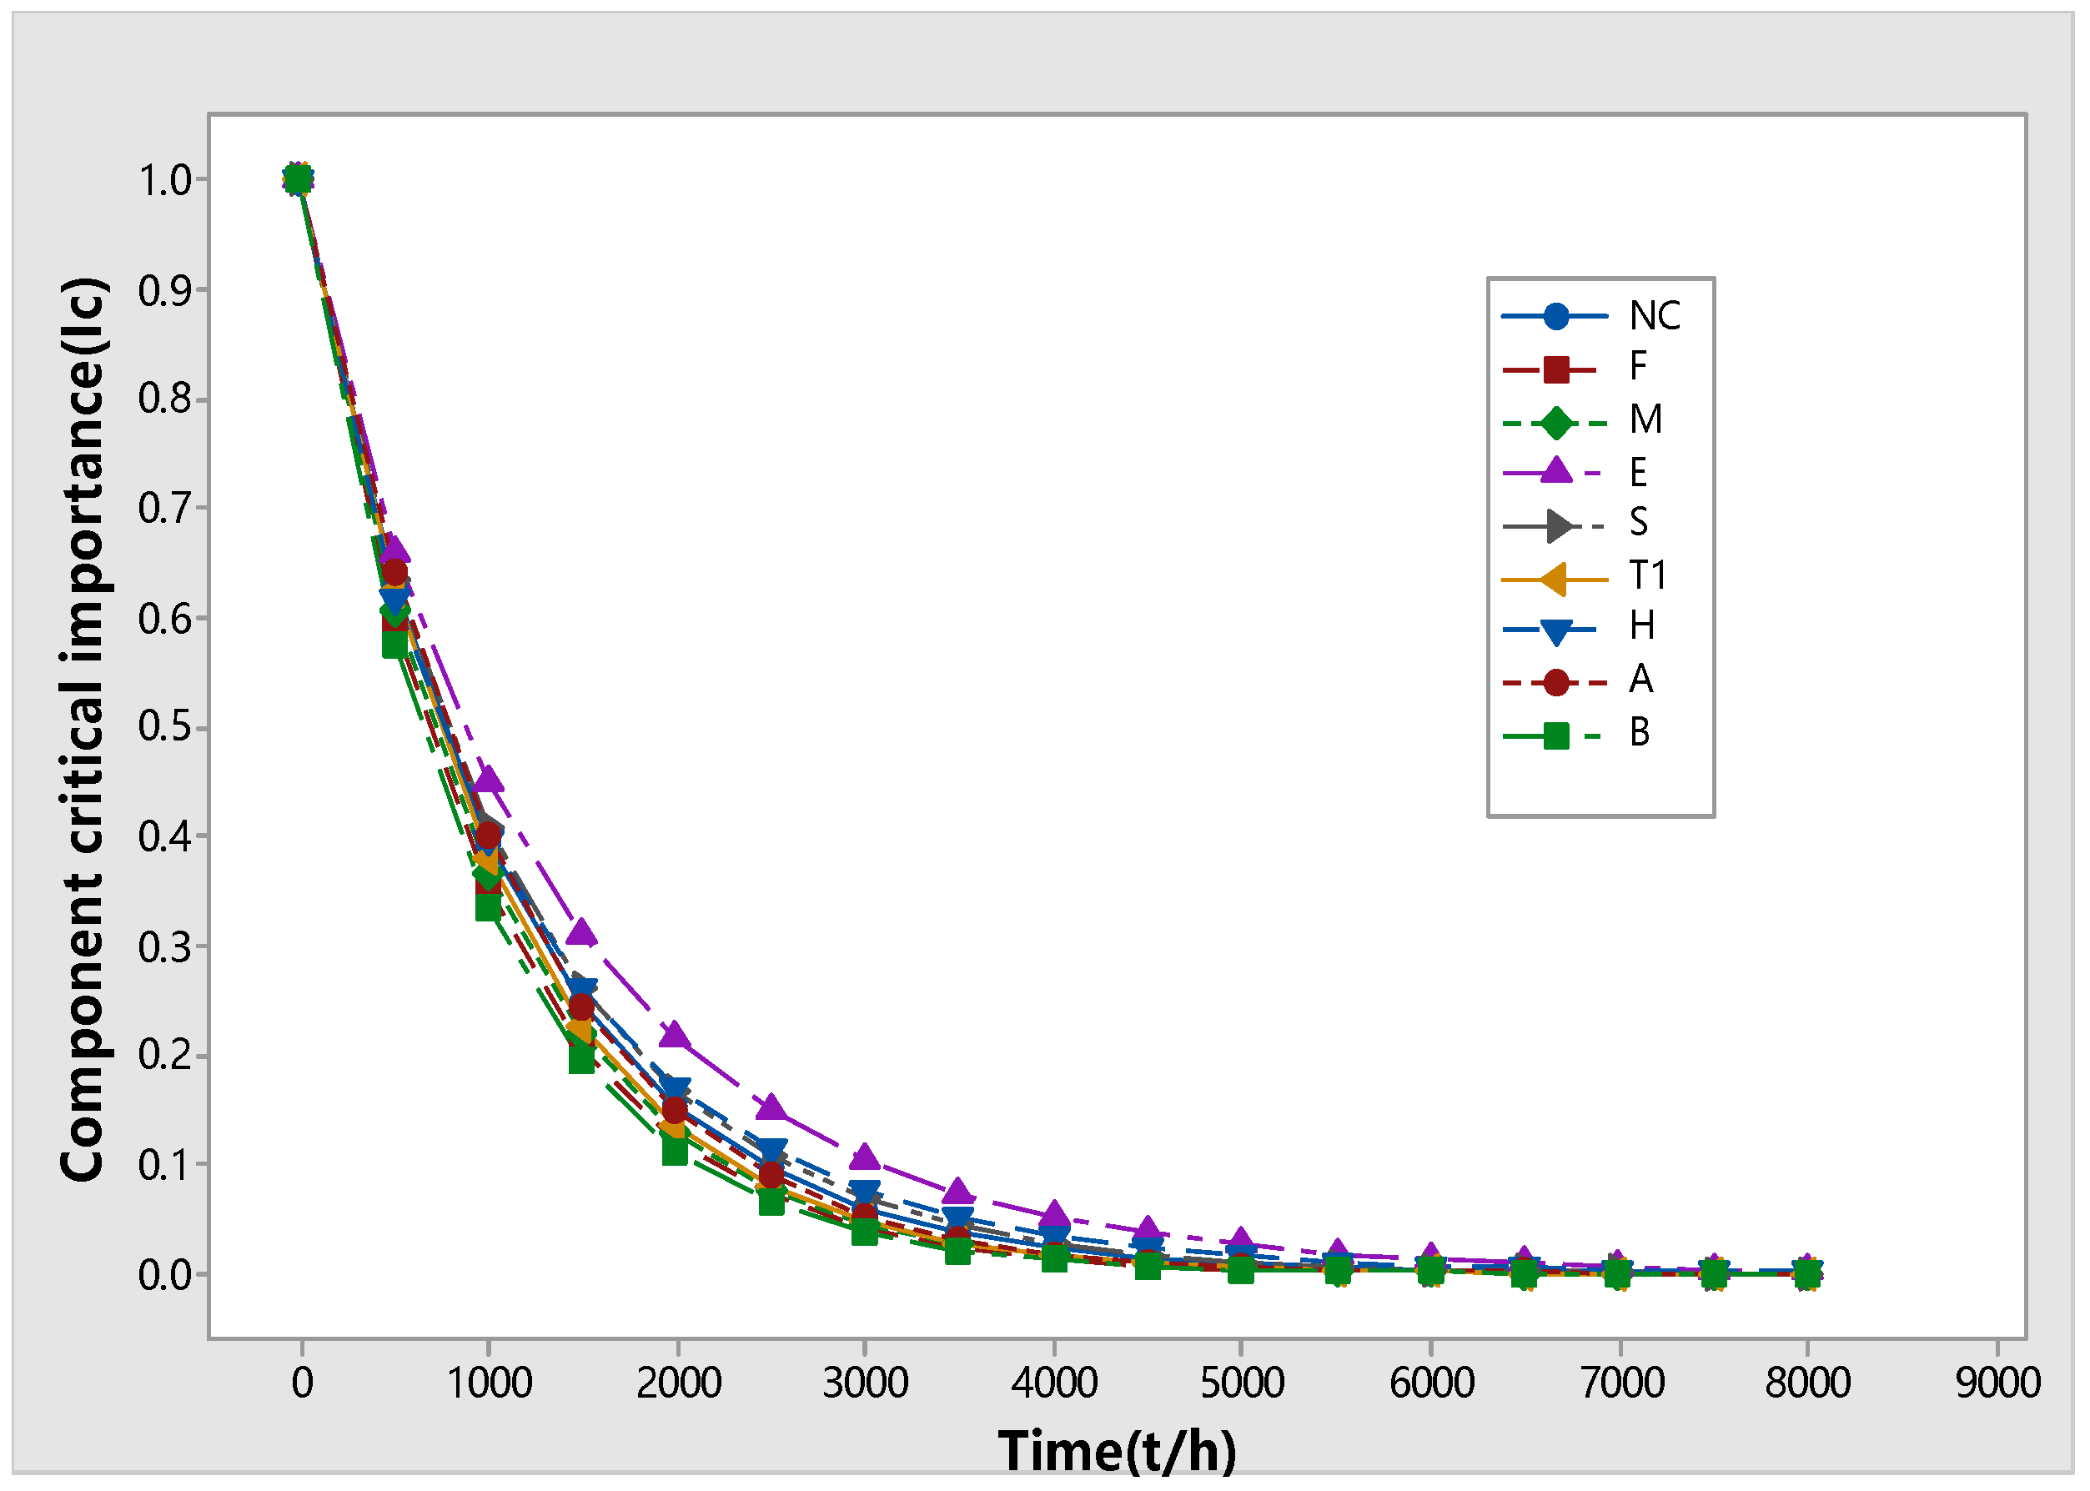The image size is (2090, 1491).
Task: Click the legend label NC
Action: tap(1654, 316)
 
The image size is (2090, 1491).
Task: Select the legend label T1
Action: tap(1647, 575)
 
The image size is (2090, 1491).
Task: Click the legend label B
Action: tap(1639, 733)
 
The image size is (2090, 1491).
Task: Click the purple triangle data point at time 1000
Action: tap(489, 780)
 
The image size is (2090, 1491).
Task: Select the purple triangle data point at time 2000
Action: tap(675, 1036)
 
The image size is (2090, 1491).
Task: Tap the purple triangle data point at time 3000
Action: tap(864, 1157)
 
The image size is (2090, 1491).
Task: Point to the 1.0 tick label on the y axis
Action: tap(164, 180)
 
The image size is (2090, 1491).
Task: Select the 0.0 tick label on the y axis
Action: tap(164, 1275)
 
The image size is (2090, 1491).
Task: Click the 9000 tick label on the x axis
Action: tap(1997, 1383)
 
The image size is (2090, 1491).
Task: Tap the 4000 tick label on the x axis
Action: tap(1054, 1383)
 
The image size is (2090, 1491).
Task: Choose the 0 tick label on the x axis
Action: tap(302, 1383)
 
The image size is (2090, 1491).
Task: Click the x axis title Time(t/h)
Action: tap(1117, 1452)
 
